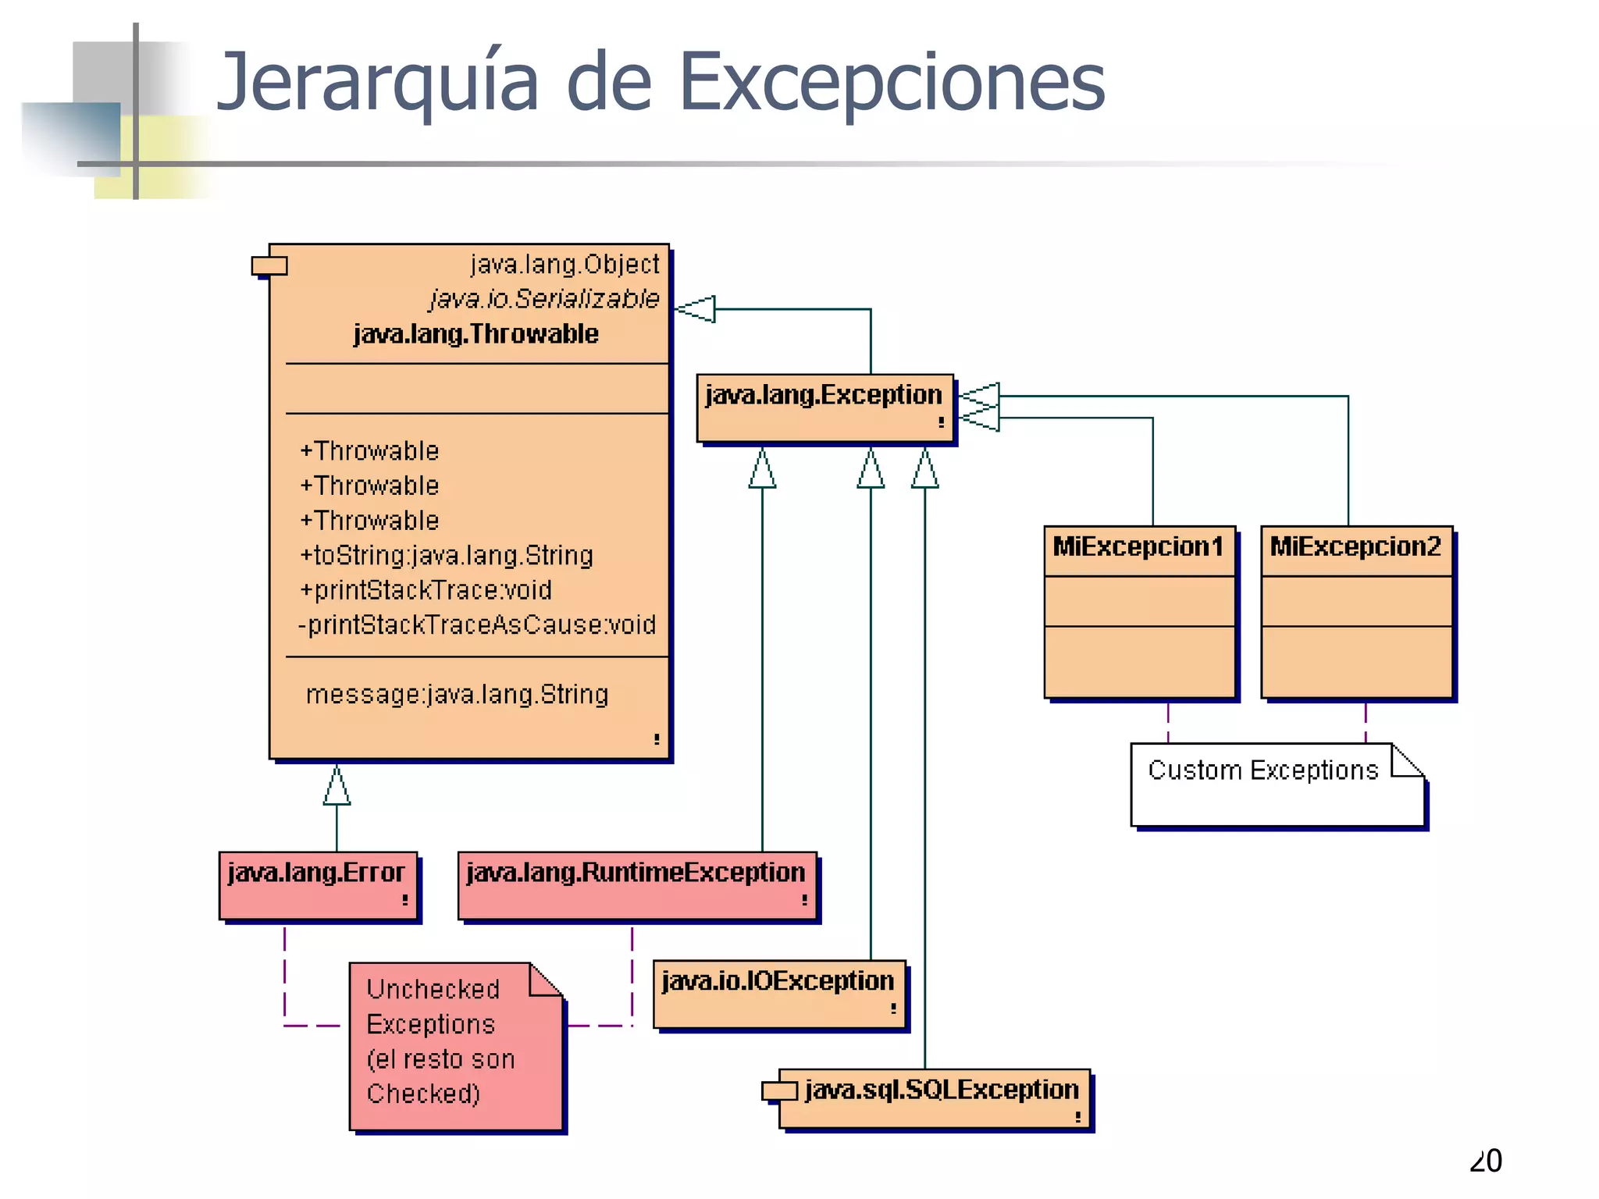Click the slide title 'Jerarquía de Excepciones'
point(661,82)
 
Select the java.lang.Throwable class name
point(475,334)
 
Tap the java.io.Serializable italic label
point(544,299)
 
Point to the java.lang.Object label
point(564,265)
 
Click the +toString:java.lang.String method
point(446,556)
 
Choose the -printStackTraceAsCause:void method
point(476,625)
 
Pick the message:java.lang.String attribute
point(457,695)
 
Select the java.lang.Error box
point(318,885)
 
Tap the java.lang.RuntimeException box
point(636,885)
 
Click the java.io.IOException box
point(778,993)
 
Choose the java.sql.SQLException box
point(941,1098)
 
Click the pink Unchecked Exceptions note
point(455,1045)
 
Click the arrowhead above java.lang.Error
point(337,786)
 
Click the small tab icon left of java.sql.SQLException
point(778,1090)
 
